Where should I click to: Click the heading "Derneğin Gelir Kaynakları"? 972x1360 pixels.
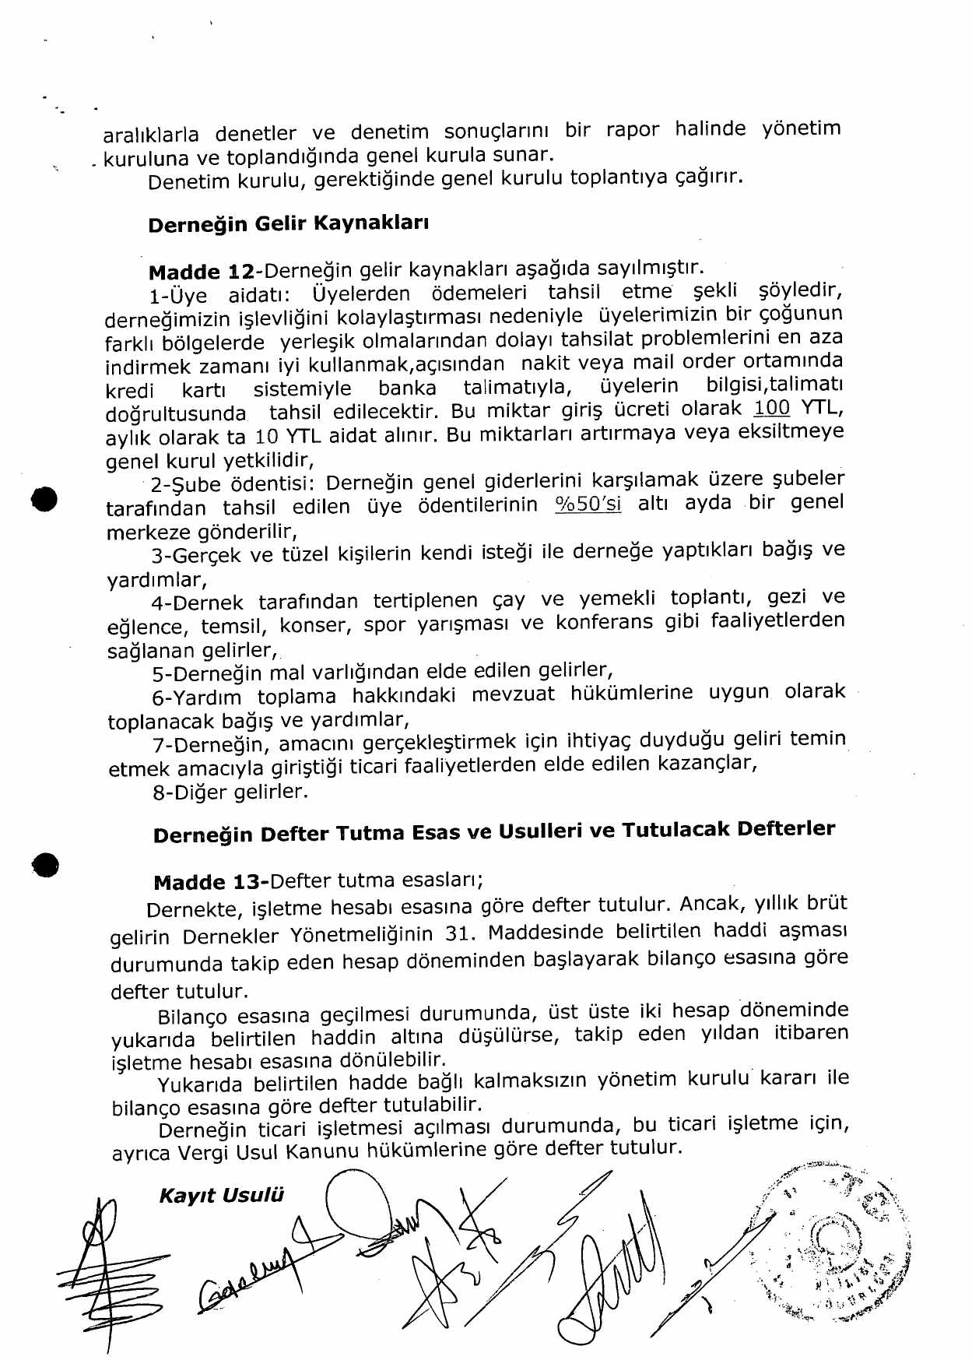288,224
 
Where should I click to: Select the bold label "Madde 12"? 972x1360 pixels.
201,272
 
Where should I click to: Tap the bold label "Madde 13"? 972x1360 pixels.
210,883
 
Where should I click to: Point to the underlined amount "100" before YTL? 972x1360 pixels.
771,408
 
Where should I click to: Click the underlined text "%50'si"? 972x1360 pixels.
588,504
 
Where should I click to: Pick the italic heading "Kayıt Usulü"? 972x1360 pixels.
221,1196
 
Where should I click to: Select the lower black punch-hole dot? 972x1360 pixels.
46,865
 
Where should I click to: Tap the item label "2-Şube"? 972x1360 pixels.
186,484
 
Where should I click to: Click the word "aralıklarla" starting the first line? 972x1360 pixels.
151,135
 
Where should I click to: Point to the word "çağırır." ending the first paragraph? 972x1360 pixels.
708,177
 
